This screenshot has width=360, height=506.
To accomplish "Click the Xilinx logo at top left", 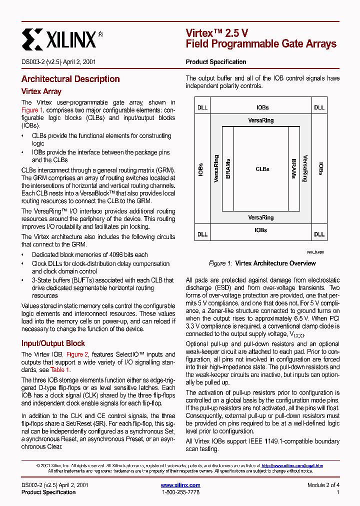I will coord(62,38).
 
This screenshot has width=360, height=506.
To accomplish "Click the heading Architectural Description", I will coord(70,79).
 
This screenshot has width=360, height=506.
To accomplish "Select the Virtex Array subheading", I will coord(41,91).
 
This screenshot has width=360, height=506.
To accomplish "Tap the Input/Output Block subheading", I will coord(53,343).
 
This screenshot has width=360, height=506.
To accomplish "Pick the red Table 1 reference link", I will coord(60,370).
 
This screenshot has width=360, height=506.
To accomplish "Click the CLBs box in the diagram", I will coord(262,169).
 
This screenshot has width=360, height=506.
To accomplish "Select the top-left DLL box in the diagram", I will coord(202,107).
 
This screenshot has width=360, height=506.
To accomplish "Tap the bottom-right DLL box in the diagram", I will coord(319,234).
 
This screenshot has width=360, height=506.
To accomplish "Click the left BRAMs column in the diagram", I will coord(228,169).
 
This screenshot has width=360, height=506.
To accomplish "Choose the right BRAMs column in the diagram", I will coord(294,169).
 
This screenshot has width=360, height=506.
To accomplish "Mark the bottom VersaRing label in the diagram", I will coord(261,217).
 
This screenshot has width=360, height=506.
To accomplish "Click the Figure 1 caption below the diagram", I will coord(262,263).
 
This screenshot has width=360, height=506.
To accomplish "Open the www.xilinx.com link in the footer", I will coord(180,485).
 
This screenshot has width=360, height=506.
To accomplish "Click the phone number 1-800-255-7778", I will coord(180,492).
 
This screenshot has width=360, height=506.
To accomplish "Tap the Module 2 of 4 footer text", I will coord(323,485).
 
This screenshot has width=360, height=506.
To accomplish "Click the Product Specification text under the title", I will coord(216,62).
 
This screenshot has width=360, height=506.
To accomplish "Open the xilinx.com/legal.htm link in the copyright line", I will coord(292,465).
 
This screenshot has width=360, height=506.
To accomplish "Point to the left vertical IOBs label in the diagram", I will coord(201,169).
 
